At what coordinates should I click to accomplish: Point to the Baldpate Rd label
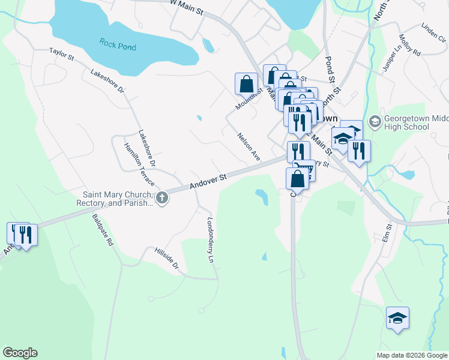click(103, 231)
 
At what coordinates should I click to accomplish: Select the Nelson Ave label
click(249, 146)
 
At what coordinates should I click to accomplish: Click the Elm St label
click(387, 232)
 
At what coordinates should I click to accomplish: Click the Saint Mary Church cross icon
click(161, 197)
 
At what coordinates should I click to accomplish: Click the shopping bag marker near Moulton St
click(246, 84)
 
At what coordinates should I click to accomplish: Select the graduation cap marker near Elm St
click(397, 318)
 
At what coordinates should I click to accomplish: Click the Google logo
click(20, 353)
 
